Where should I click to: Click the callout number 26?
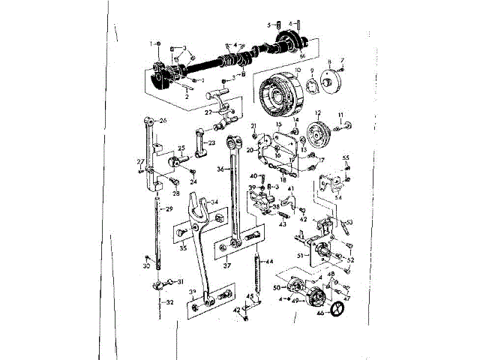[x=163, y=120]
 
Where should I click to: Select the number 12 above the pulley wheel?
[x=317, y=113]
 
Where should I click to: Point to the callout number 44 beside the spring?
[x=270, y=262]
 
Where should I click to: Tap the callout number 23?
[x=212, y=143]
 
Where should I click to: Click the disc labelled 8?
[x=330, y=81]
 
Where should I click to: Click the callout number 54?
[x=337, y=196]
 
